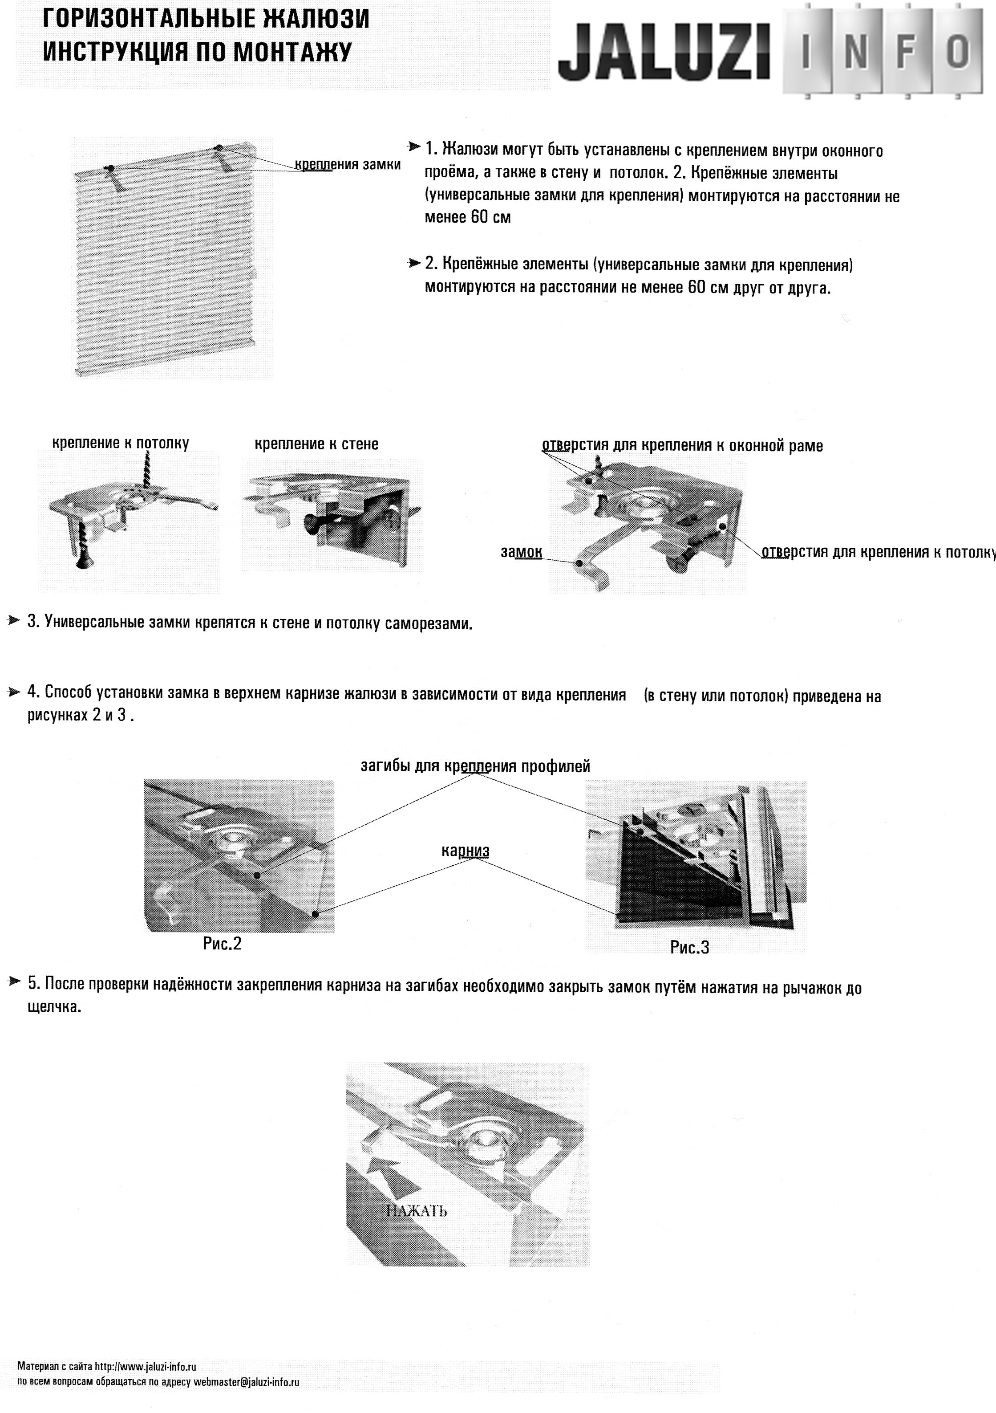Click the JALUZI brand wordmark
coord(664,53)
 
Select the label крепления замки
coord(348,165)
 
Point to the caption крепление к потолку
coord(121,443)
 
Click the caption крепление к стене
coord(316,444)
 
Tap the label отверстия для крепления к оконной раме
coord(682,446)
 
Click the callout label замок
coord(521,552)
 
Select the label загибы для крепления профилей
coord(475,766)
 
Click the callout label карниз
coord(465,851)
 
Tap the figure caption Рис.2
coord(222,944)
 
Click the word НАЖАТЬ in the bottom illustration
coord(417,1212)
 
